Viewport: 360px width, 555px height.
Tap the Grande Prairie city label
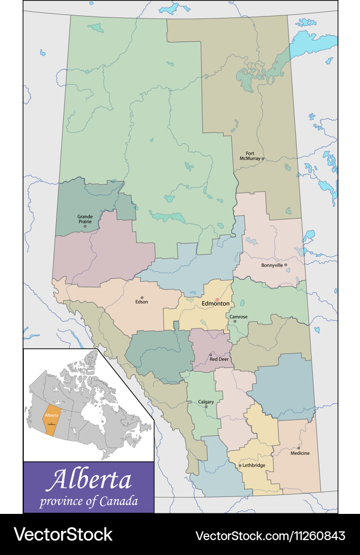tap(85, 219)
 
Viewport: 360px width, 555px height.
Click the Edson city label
tap(141, 302)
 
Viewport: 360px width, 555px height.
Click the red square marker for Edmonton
tap(217, 299)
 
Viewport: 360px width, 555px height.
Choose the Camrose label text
tap(238, 317)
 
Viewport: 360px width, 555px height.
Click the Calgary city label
tap(206, 401)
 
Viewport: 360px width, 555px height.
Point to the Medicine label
tap(300, 453)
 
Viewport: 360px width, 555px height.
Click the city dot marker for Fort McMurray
tap(263, 159)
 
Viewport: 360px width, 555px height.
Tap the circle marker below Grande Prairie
tap(85, 226)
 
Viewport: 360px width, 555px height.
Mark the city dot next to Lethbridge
tap(240, 466)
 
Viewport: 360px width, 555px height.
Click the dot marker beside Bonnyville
tap(286, 265)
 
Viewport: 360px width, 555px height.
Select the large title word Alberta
tap(88, 480)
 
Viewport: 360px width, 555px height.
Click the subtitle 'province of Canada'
tap(88, 501)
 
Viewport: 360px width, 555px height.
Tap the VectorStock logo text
tap(63, 535)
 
